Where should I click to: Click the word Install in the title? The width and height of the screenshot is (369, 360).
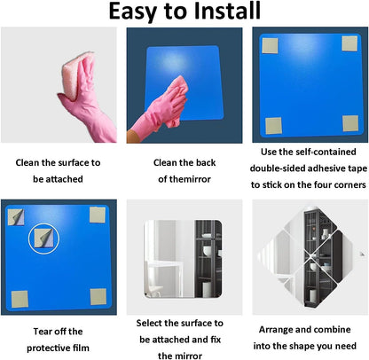point(227,11)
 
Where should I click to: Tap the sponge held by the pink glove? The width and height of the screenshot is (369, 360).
point(75,74)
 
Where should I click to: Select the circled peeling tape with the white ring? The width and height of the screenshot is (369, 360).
point(43,239)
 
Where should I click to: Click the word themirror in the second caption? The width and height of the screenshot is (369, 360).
point(189,179)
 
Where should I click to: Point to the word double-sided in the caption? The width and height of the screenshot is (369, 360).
point(278,168)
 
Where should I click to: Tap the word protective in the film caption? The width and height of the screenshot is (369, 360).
point(48,348)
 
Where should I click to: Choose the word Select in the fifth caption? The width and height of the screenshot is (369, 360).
point(149,323)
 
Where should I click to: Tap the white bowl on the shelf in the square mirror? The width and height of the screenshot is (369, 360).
point(207,251)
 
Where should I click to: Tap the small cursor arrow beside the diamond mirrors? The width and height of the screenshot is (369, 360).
point(362,254)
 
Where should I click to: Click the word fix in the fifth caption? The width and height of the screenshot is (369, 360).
point(216,340)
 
